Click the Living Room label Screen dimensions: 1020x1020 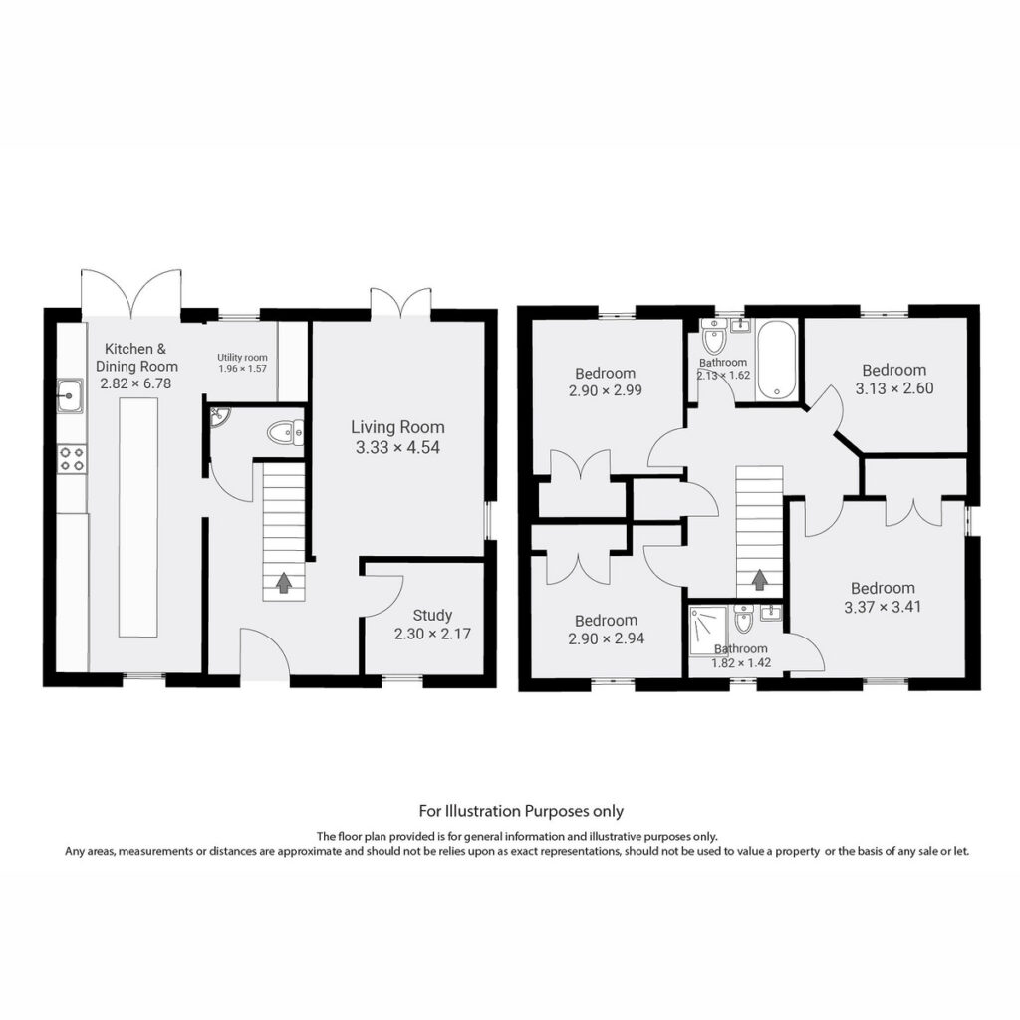point(397,427)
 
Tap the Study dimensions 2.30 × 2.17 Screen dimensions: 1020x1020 point(432,634)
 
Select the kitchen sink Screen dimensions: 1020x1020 point(69,395)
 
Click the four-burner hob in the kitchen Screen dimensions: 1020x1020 point(72,458)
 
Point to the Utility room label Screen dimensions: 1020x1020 point(242,358)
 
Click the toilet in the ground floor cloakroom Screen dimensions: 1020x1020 point(286,432)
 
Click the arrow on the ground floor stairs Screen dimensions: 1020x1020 point(283,582)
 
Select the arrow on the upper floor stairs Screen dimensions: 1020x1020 point(758,580)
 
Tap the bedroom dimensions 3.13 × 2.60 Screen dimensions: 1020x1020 point(894,388)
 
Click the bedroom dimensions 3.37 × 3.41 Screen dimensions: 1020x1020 point(883,607)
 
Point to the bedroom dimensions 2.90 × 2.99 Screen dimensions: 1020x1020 point(605,390)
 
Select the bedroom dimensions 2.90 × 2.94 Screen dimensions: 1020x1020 point(607,638)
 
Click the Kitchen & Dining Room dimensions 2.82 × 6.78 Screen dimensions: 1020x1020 point(135,383)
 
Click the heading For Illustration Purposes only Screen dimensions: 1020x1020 point(521,811)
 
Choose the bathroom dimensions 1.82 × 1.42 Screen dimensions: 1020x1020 point(741,663)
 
